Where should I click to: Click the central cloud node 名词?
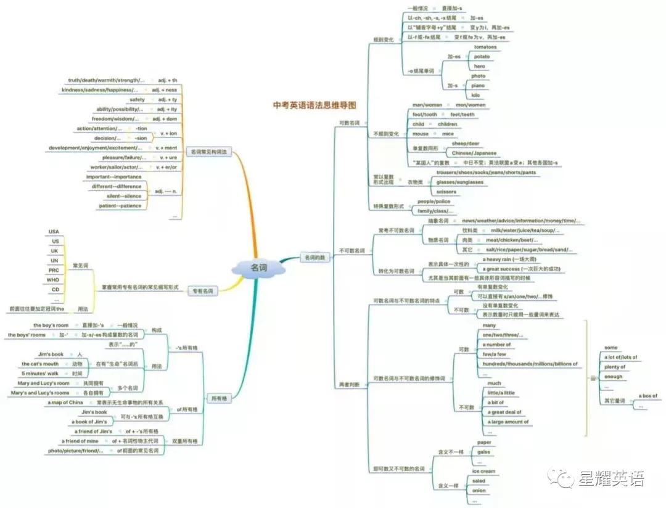258,268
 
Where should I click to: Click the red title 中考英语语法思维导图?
314,105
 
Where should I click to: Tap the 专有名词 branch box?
203,290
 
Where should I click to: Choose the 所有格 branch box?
218,398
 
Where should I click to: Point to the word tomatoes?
485,47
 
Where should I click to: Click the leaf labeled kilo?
475,95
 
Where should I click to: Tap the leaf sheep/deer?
466,143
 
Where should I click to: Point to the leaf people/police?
434,202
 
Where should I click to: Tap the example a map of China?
65,403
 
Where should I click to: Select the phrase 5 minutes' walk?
41,374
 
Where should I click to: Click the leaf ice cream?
483,471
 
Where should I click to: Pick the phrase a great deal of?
505,412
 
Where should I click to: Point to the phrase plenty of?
615,367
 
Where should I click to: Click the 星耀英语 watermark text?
610,478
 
